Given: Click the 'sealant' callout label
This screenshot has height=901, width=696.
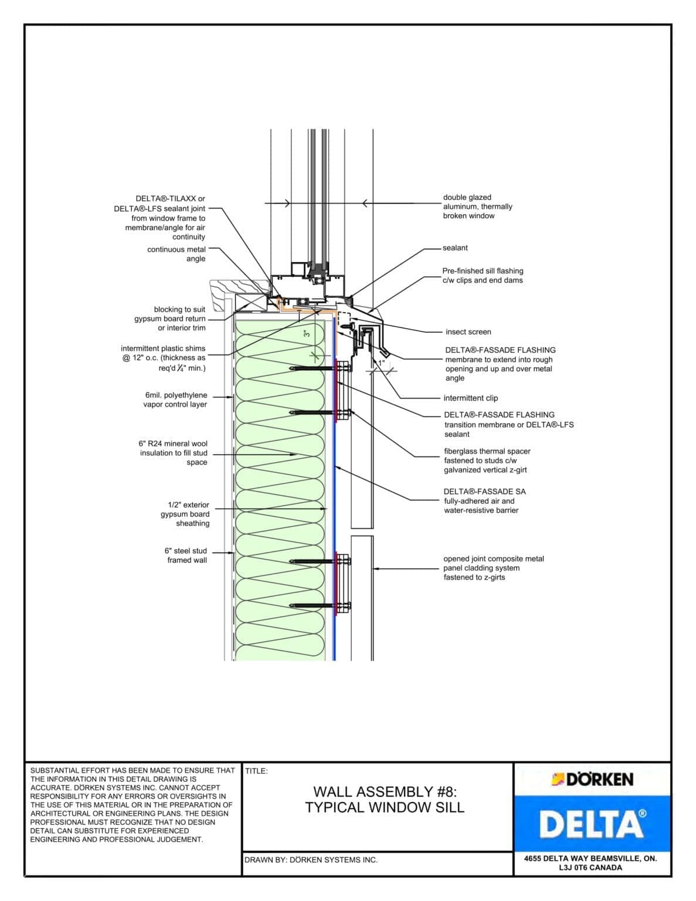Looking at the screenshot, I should point(455,248).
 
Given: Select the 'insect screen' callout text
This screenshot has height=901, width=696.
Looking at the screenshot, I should point(468,332).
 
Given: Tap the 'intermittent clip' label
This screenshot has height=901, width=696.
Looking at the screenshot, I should point(470,398).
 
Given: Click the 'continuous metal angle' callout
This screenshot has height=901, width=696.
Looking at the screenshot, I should point(176,254).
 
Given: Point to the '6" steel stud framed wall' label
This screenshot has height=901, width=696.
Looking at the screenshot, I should point(186,555).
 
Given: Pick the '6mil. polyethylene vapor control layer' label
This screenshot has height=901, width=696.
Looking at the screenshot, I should point(175,400).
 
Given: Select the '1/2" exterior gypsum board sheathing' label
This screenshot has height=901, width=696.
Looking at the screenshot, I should point(185,514).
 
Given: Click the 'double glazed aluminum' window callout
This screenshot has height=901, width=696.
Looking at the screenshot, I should point(477,206).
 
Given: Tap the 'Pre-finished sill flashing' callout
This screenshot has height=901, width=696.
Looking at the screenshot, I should point(483,276).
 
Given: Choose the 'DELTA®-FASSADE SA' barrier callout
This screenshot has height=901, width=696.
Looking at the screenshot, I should point(484,501).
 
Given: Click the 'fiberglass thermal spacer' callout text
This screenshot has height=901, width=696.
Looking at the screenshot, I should point(487,460).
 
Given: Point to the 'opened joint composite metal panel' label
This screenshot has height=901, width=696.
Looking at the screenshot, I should point(493,568).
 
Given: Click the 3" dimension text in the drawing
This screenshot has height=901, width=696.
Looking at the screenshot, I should point(306,334).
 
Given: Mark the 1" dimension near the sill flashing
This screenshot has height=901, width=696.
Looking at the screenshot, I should point(381,363).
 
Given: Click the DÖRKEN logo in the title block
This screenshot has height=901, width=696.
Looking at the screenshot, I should point(592,780).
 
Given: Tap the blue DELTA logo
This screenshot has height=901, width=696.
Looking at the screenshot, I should point(592,824).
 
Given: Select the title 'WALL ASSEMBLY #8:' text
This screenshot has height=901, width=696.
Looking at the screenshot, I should point(385,792).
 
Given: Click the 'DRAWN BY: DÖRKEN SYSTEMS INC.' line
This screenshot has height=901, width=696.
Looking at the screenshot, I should point(311,860).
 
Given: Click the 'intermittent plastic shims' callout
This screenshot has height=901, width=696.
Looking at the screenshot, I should point(164,358).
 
